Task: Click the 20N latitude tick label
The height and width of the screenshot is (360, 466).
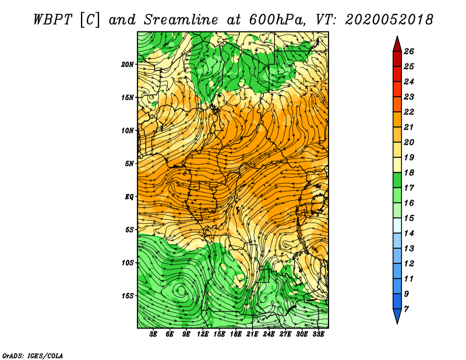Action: [x=127, y=65]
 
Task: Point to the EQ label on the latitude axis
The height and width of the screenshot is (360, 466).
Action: [x=129, y=197]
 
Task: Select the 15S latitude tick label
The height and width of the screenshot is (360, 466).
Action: [x=127, y=296]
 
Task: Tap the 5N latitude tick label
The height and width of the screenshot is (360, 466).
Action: [x=129, y=164]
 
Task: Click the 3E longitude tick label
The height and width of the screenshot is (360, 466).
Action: [x=153, y=334]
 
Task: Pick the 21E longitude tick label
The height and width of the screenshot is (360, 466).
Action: [x=252, y=334]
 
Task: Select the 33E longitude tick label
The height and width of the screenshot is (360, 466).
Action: [x=318, y=334]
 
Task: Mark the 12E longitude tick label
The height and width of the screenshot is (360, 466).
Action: [x=203, y=334]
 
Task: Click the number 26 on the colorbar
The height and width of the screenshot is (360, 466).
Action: [x=409, y=51]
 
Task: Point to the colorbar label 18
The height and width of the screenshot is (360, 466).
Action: [x=409, y=172]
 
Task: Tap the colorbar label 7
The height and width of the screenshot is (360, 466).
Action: [x=406, y=309]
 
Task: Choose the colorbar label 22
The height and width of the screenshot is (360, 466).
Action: [x=409, y=112]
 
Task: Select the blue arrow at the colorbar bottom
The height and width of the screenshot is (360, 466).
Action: [x=397, y=316]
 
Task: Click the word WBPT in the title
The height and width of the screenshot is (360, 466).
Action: [x=52, y=20]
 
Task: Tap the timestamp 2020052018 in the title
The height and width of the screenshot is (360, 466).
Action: [x=389, y=20]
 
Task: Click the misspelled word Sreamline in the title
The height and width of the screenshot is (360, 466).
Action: [x=181, y=20]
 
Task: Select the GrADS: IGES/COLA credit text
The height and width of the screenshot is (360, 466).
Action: [x=33, y=355]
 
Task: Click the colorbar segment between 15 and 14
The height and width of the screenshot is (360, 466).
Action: [x=397, y=225]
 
